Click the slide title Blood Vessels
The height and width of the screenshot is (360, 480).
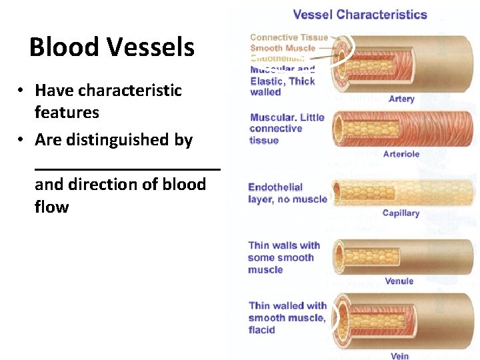112,47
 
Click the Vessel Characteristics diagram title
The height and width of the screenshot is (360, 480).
360,14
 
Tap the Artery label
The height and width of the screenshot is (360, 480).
401,99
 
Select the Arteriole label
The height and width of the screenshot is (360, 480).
401,154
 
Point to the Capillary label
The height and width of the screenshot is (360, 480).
401,213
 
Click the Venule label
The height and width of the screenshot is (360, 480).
399,281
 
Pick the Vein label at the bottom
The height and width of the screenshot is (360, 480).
400,355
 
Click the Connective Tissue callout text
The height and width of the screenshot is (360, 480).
289,37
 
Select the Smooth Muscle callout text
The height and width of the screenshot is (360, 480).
283,48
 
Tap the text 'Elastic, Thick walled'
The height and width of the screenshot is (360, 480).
282,87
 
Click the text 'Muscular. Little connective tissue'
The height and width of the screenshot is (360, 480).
287,129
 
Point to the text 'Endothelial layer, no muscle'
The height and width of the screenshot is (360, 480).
287,193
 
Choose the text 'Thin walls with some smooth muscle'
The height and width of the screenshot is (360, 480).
283,257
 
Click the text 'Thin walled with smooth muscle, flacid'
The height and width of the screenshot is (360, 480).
287,317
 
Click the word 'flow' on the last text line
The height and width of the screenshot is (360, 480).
52,207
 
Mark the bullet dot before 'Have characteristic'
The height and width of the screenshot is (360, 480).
22,91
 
